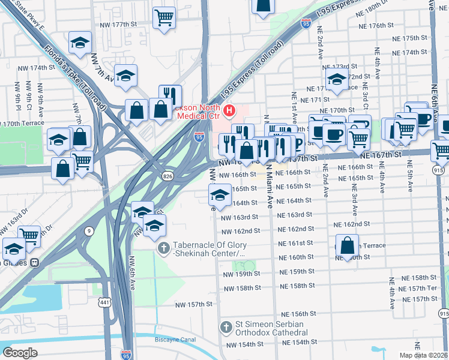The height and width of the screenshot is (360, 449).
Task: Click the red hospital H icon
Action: (229, 110)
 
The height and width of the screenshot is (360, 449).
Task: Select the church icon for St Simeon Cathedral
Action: (226, 328)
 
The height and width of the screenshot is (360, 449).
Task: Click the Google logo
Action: (20, 353)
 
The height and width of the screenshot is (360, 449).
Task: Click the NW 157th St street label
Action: (194, 305)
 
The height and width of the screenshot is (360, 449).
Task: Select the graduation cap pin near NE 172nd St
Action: (337, 79)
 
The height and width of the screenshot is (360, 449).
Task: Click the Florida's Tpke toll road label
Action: (75, 77)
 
